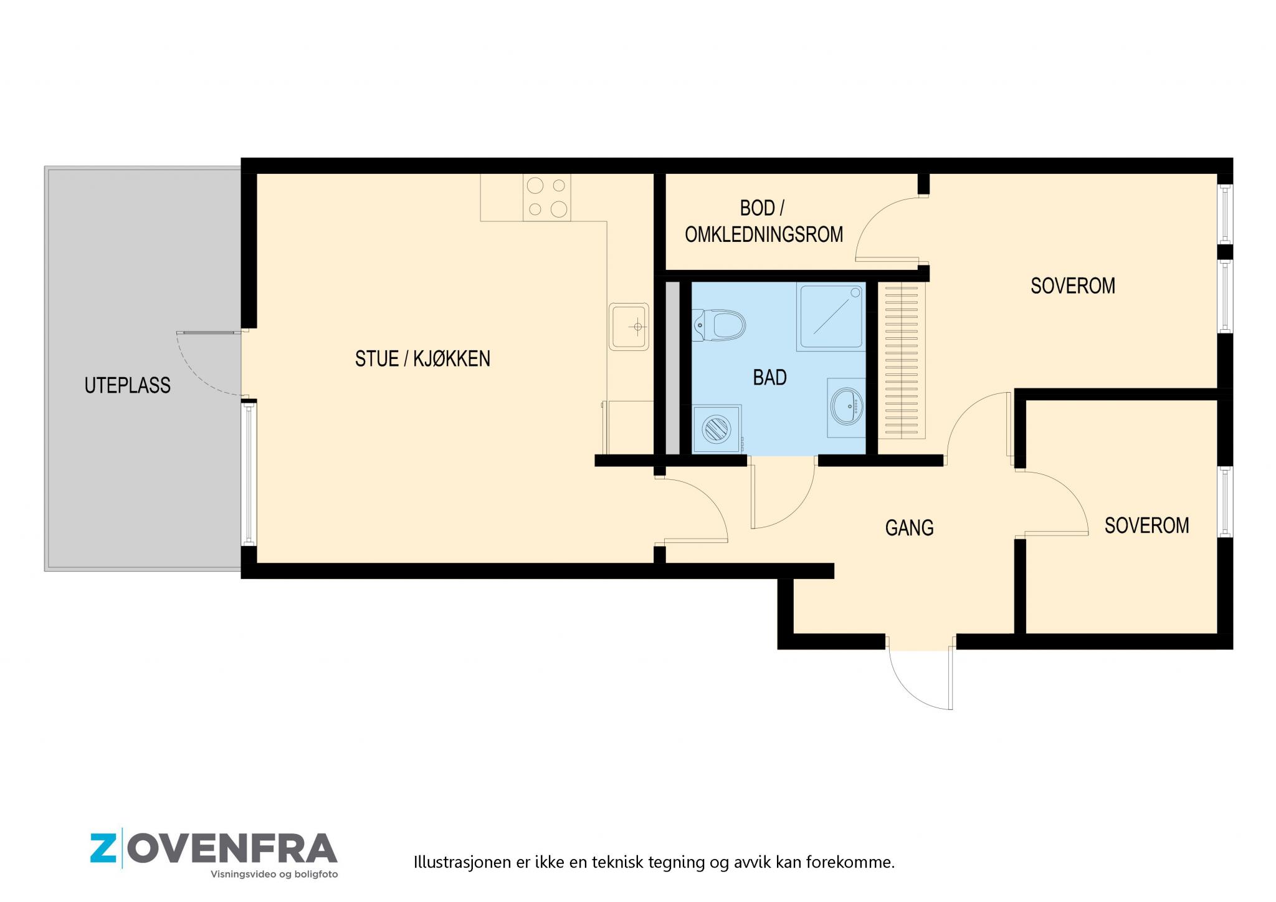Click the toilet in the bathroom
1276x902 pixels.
point(719,325)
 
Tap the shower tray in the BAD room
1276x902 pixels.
point(831,317)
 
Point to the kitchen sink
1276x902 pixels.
point(629,326)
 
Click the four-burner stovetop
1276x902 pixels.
point(546,197)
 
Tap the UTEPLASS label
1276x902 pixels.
point(128,385)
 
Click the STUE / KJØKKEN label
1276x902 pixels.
point(422,358)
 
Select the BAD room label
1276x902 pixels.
point(769,377)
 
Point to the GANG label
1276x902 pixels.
point(909,528)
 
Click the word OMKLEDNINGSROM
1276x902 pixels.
point(764,234)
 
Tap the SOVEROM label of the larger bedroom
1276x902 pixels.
point(1073,285)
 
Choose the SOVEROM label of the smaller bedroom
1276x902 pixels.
point(1146,525)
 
